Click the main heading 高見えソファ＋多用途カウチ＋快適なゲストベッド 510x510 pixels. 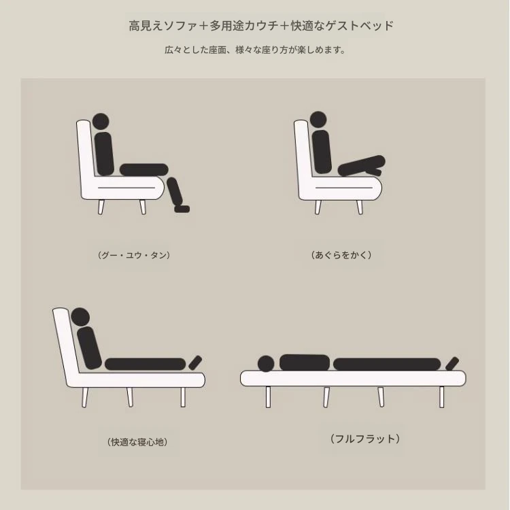click(x=261, y=26)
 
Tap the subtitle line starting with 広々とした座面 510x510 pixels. click(x=255, y=50)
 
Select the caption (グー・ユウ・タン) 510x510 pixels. click(x=134, y=255)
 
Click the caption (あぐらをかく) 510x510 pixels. click(x=341, y=255)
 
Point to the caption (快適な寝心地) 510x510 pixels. click(x=137, y=442)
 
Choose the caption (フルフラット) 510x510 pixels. click(x=365, y=439)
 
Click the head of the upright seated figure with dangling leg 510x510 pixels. click(x=101, y=122)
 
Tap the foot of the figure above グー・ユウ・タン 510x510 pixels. click(x=182, y=209)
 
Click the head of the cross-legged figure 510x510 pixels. click(x=318, y=120)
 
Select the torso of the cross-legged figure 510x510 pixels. click(x=322, y=152)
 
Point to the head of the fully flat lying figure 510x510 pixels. click(x=266, y=364)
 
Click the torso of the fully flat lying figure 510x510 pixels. click(x=305, y=362)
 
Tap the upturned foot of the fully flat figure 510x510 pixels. click(x=452, y=364)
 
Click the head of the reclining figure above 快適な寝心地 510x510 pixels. click(x=80, y=317)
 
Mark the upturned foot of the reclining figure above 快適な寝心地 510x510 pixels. click(x=195, y=362)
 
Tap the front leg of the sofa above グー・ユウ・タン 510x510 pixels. click(x=143, y=207)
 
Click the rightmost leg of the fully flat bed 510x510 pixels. click(x=442, y=397)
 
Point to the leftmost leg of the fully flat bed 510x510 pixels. click(x=268, y=397)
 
